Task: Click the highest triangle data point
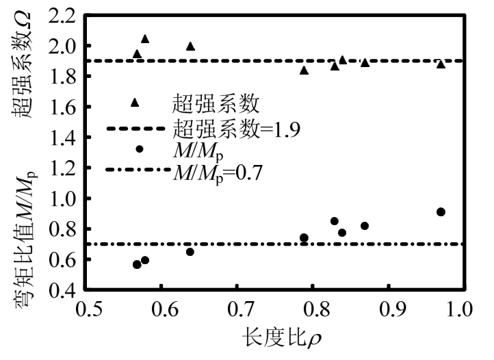[x=145, y=39]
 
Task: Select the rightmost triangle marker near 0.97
[x=441, y=64]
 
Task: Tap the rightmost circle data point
[x=441, y=211]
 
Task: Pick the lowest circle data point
[x=137, y=264]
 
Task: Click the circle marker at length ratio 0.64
[x=190, y=252]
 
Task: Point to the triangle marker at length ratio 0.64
[x=190, y=47]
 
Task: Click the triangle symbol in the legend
[x=135, y=103]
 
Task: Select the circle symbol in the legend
[x=140, y=149]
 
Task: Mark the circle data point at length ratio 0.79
[x=304, y=237]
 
